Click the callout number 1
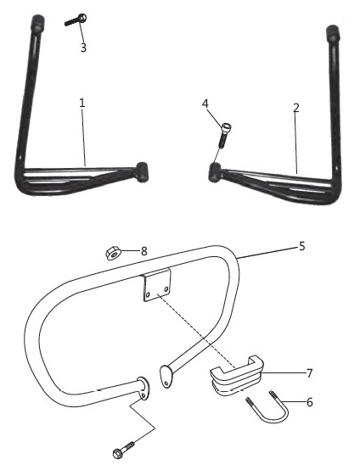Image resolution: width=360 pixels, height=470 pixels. pos(82,103)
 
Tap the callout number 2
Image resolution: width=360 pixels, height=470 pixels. pos(296,108)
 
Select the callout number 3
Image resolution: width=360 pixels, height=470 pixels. pos(83,48)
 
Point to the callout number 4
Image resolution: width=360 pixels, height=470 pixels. pos(205,104)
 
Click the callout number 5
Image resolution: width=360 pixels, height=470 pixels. pos(301,246)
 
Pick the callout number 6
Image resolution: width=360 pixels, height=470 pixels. pos(310,402)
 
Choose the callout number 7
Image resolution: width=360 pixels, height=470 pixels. pos(310,373)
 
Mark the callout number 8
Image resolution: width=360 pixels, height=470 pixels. pos(144,251)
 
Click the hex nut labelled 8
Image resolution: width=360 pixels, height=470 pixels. pos(113,254)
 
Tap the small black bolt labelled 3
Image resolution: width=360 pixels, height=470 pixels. pos(76,20)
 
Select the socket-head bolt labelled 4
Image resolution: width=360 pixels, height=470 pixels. pos(224,135)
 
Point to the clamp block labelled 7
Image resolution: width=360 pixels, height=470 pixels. pos(237,375)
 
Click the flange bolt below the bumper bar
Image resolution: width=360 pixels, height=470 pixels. pos(123,450)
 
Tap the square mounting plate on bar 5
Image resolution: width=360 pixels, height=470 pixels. pos(157,285)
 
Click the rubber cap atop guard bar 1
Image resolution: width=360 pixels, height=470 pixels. pos(38,23)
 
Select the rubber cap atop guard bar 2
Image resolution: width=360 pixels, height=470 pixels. pos(332,34)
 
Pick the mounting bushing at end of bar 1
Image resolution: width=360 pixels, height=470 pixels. pos(141,172)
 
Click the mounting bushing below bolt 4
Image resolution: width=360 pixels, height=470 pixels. pos(215,172)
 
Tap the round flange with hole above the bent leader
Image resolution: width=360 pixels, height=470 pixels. pos(143,388)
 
